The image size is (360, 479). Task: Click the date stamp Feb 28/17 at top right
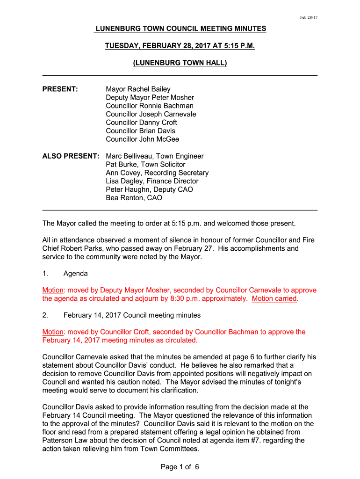point(309,17)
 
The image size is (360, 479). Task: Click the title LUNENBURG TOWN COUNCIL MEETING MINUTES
point(180,29)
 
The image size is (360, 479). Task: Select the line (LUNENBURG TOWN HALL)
point(180,63)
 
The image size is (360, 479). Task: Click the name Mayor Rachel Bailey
point(138,89)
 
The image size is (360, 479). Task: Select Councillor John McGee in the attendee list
point(142,139)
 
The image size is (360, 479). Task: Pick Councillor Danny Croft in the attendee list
point(141,123)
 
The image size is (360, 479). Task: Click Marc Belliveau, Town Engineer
point(155,156)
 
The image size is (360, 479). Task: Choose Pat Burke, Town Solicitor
point(145,164)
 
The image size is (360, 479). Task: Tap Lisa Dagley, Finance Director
point(152,181)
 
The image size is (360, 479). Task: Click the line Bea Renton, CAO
point(134,198)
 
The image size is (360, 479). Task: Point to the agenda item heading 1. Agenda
point(65,274)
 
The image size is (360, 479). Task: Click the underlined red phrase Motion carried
point(274,298)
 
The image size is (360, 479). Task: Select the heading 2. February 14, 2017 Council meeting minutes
point(122,315)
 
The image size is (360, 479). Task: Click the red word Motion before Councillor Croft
point(52,332)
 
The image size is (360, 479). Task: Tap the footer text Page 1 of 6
point(180,467)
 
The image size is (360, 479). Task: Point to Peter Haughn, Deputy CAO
point(149,189)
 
